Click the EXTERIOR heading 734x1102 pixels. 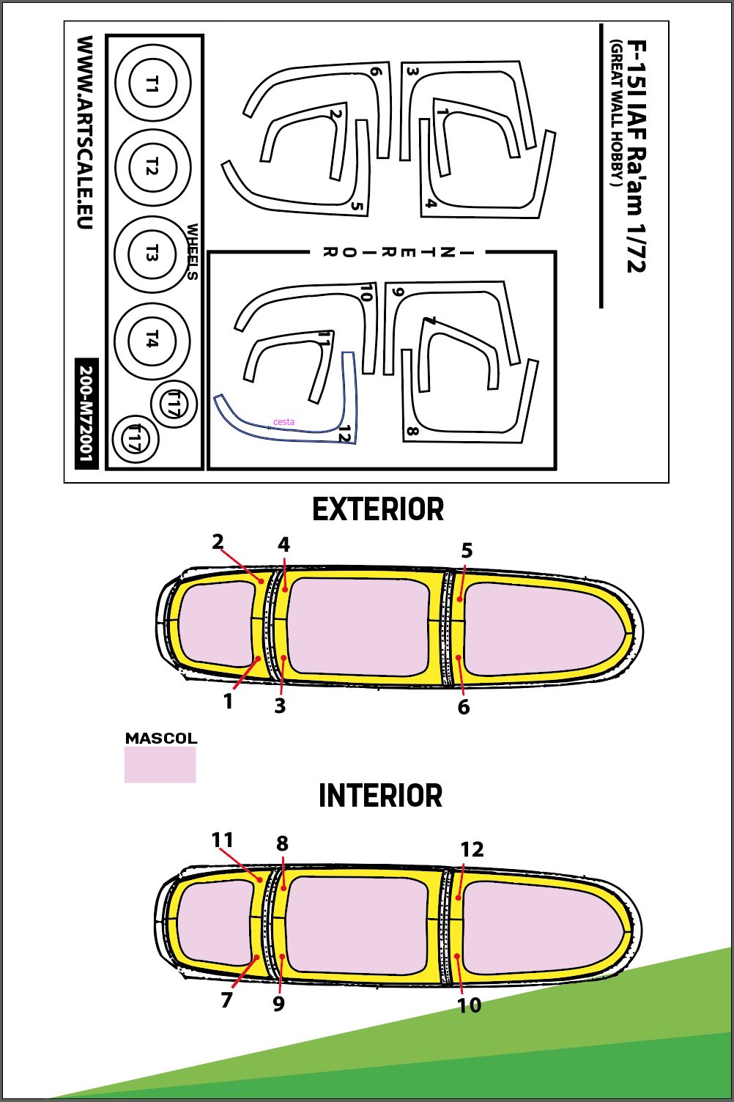pyautogui.click(x=378, y=510)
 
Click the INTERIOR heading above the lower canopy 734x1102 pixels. pyautogui.click(x=380, y=796)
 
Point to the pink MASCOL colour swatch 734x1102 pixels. pyautogui.click(x=160, y=764)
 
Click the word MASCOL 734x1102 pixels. pyautogui.click(x=161, y=738)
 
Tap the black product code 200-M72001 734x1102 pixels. pyautogui.click(x=86, y=414)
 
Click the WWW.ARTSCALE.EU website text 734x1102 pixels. pyautogui.click(x=85, y=132)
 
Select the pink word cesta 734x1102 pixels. pyautogui.click(x=284, y=421)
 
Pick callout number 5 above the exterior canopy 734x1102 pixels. pyautogui.click(x=467, y=550)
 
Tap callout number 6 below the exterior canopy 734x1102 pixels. pyautogui.click(x=464, y=706)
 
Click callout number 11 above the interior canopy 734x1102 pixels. pyautogui.click(x=223, y=840)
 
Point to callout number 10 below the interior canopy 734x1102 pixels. pyautogui.click(x=470, y=1005)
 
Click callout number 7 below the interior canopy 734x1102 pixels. pyautogui.click(x=226, y=999)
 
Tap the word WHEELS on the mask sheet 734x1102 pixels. pyautogui.click(x=193, y=252)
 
